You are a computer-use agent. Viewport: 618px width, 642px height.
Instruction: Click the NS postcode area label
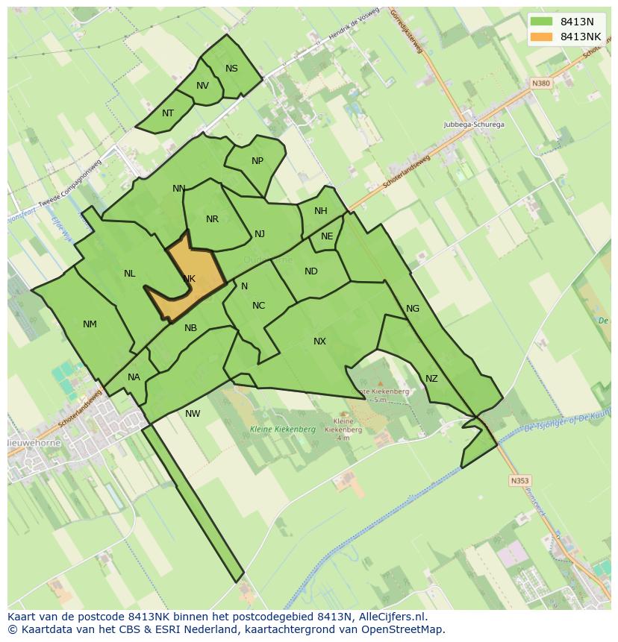pyautogui.click(x=231, y=69)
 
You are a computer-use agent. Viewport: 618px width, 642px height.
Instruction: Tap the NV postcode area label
pyautogui.click(x=202, y=86)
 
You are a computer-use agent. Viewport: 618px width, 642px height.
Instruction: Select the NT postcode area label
pyautogui.click(x=168, y=113)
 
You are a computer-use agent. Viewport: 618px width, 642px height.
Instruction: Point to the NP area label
pyautogui.click(x=257, y=161)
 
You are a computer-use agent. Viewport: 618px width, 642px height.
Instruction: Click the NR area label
pyautogui.click(x=213, y=219)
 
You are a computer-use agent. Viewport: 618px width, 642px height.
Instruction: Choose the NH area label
pyautogui.click(x=321, y=211)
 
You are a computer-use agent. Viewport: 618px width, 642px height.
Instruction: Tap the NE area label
pyautogui.click(x=327, y=236)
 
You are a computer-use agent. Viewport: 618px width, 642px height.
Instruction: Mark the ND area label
pyautogui.click(x=311, y=271)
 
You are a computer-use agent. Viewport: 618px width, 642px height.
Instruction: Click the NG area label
pyautogui.click(x=413, y=309)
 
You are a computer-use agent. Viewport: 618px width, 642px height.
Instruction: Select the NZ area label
pyautogui.click(x=431, y=379)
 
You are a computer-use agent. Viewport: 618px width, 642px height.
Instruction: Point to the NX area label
pyautogui.click(x=319, y=342)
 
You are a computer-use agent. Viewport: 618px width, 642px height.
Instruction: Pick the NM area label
pyautogui.click(x=90, y=324)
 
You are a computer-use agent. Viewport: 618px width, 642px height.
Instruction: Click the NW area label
pyautogui.click(x=193, y=414)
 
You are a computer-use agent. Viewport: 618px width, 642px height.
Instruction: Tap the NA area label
pyautogui.click(x=134, y=377)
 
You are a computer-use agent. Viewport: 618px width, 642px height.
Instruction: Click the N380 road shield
pyautogui.click(x=541, y=84)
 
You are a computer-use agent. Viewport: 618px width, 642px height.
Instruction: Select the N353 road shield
pyautogui.click(x=519, y=481)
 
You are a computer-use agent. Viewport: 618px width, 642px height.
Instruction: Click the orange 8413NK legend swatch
pyautogui.click(x=542, y=37)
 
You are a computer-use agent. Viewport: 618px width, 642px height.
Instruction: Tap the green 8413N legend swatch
pyautogui.click(x=542, y=22)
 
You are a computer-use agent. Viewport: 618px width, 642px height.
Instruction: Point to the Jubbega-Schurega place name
pyautogui.click(x=473, y=125)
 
